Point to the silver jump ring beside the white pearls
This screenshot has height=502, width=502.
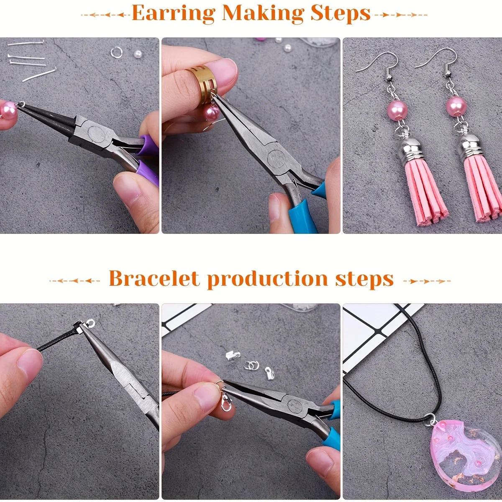[x=116, y=52]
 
